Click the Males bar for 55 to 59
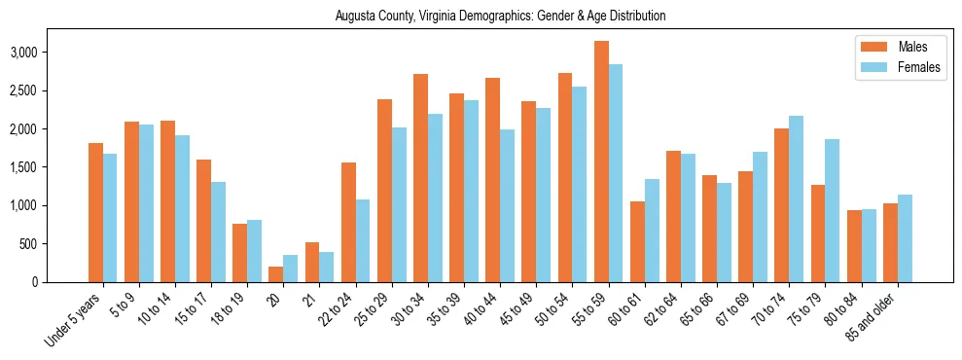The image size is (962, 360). [601, 162]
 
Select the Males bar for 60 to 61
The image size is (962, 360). [637, 241]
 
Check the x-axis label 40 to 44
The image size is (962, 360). [481, 308]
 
